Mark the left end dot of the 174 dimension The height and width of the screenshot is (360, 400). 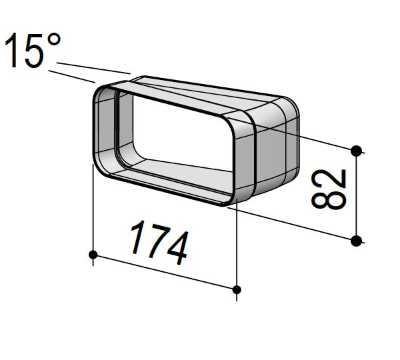click(x=93, y=254)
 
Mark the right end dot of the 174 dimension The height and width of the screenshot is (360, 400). click(x=237, y=289)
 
